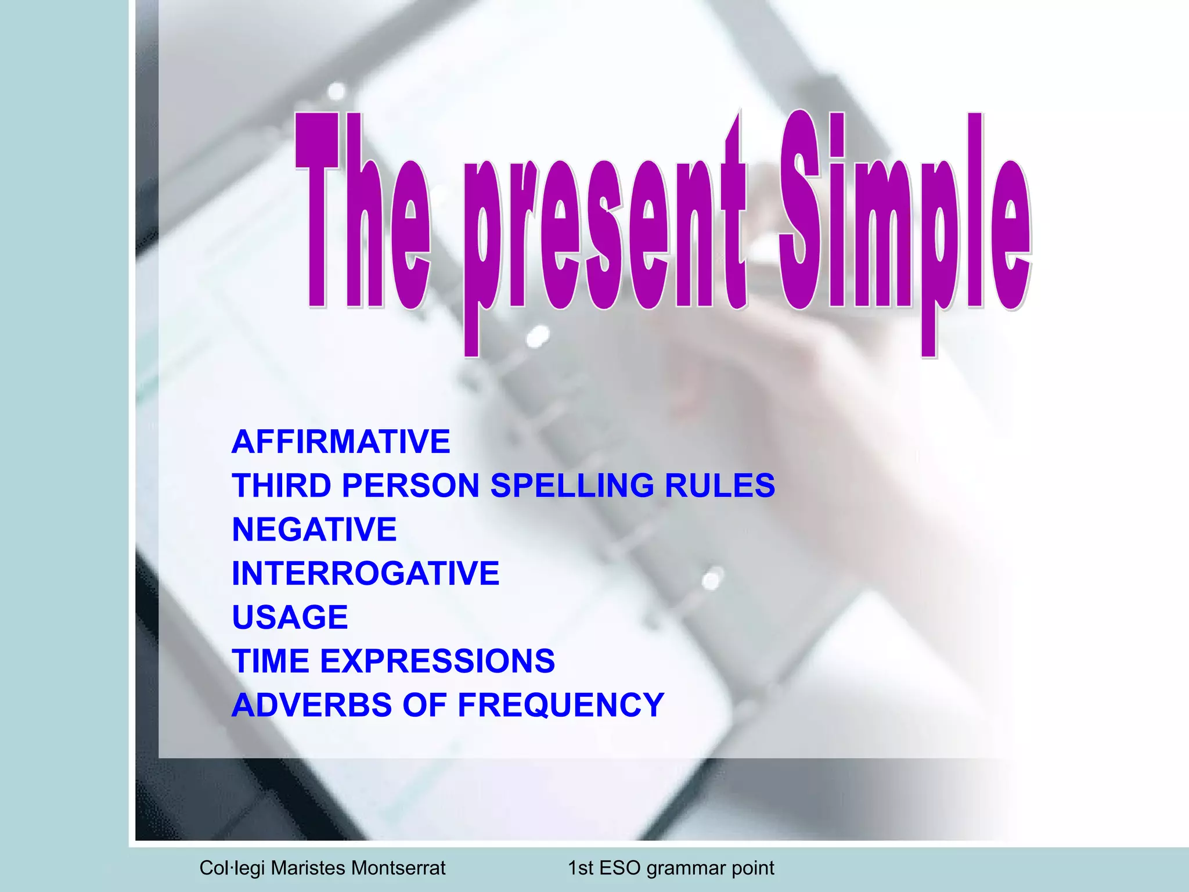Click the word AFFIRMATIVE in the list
point(341,441)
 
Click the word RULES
point(719,485)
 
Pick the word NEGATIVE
point(314,530)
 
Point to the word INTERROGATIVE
point(365,574)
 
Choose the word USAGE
point(290,617)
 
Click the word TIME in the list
point(271,661)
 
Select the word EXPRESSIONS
point(437,661)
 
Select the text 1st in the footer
point(580,868)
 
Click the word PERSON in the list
point(410,485)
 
